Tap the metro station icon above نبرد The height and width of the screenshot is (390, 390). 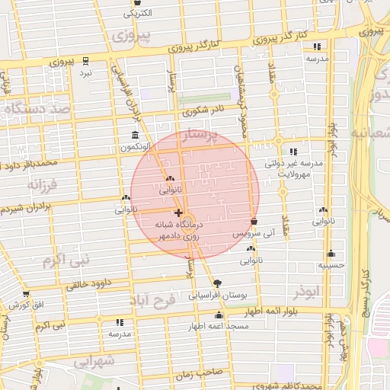[x=85, y=60]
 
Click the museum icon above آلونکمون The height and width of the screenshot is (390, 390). [x=135, y=135]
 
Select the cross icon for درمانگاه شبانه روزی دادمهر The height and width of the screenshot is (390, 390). [x=178, y=213]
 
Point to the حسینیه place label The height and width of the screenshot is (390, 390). [x=331, y=265]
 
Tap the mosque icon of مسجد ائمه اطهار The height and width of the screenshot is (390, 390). [x=219, y=315]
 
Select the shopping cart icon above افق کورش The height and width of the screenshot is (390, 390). [x=26, y=293]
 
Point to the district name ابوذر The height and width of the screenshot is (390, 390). [x=307, y=292]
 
